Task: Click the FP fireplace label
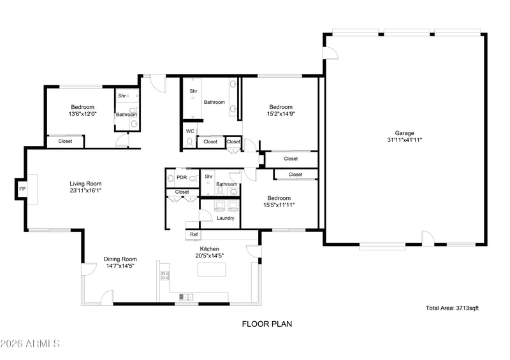22,189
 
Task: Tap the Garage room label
404,133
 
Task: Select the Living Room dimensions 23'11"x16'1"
85,191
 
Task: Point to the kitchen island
212,270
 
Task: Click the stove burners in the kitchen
165,276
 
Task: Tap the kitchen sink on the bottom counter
186,296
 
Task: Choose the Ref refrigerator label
194,234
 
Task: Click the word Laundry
226,218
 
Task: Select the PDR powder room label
182,178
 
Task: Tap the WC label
190,131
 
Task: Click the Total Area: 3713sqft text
452,308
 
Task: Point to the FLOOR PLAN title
267,324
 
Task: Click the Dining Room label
120,259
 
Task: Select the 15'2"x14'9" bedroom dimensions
280,114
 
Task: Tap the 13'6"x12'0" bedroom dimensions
83,114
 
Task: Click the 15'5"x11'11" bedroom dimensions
279,205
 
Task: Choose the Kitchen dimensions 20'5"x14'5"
210,256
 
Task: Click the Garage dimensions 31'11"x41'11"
405,140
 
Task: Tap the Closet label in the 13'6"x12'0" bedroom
65,141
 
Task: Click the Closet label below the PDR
182,192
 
